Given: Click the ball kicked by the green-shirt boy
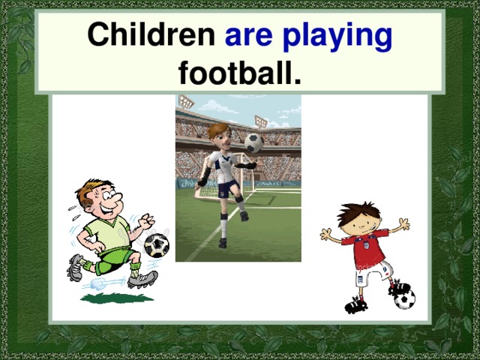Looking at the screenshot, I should pyautogui.click(x=156, y=245).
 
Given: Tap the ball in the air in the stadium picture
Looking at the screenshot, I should pyautogui.click(x=254, y=142).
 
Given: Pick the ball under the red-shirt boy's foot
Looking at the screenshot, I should pyautogui.click(x=404, y=299).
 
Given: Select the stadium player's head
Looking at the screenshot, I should pyautogui.click(x=218, y=136).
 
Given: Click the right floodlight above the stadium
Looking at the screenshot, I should pyautogui.click(x=261, y=120).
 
